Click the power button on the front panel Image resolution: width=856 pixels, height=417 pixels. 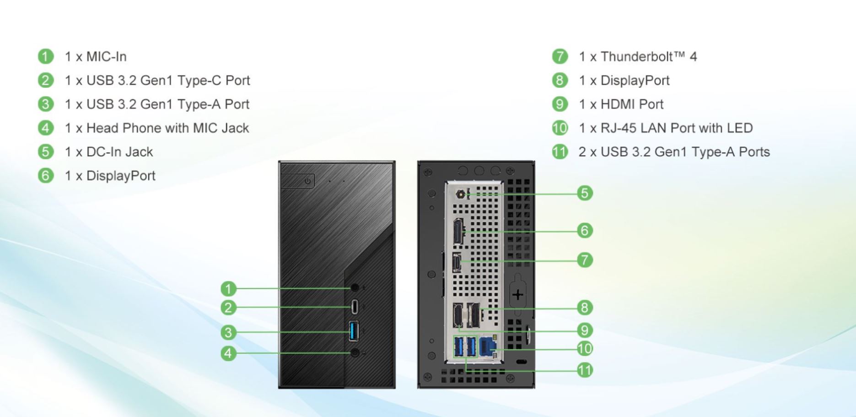[307, 181]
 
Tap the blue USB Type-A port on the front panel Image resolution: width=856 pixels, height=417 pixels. [353, 331]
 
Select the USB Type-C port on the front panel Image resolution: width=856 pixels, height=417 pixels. [354, 307]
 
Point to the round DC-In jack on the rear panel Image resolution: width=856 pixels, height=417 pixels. [461, 194]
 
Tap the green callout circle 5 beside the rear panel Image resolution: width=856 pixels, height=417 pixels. [584, 193]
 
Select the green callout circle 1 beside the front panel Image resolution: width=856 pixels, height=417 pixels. [228, 289]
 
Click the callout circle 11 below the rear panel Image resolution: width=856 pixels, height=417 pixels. [584, 370]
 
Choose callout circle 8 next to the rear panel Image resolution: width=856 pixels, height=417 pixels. [584, 307]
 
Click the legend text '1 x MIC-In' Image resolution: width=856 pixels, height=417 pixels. [96, 57]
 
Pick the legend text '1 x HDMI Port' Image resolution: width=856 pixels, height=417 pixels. [621, 104]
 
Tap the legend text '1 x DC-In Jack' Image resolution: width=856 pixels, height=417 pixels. [109, 152]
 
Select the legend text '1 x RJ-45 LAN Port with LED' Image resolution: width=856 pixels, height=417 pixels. [666, 128]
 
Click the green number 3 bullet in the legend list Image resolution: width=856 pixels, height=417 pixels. [45, 104]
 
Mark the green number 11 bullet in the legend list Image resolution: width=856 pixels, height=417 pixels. [560, 152]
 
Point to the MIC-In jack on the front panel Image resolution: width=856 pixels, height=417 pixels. [355, 287]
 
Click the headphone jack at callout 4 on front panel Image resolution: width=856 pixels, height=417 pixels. [355, 353]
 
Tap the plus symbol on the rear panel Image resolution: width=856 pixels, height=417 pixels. [517, 294]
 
